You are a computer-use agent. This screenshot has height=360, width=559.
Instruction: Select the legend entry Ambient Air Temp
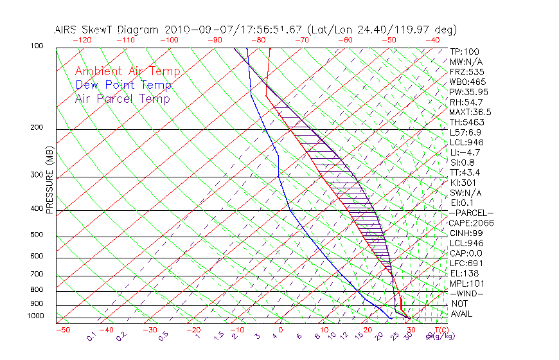click(x=127, y=71)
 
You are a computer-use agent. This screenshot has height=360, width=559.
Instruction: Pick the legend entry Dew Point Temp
click(x=123, y=85)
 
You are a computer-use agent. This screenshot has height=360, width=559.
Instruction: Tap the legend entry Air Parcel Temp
click(x=123, y=98)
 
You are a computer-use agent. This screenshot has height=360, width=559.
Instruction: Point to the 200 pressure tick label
click(x=37, y=127)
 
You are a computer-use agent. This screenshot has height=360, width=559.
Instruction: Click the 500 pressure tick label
click(x=37, y=235)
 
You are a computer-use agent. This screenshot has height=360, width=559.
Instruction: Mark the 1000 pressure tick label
click(x=35, y=316)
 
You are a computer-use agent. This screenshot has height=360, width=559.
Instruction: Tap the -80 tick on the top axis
click(x=258, y=40)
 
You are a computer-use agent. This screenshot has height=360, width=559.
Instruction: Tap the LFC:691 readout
click(x=466, y=263)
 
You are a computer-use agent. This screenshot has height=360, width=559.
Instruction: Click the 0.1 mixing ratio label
click(x=92, y=336)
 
